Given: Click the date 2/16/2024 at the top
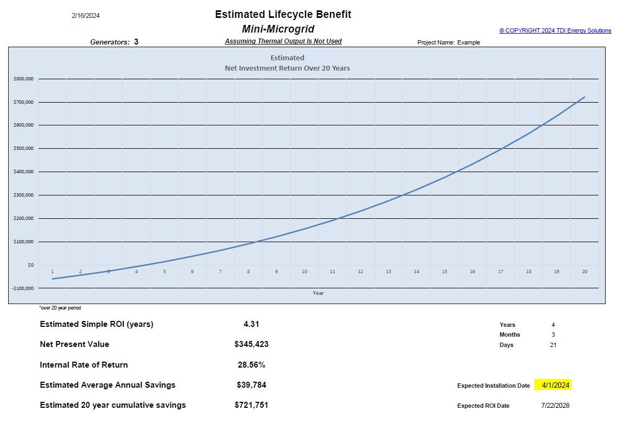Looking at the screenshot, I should (x=86, y=16).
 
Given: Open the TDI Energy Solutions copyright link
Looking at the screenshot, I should (x=555, y=31).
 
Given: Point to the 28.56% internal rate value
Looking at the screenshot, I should (x=251, y=365).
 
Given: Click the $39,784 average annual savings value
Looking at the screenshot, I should (x=251, y=385).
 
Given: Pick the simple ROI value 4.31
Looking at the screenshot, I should (x=251, y=324).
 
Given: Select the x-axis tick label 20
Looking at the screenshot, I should (x=584, y=271).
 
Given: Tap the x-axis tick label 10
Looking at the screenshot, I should (x=304, y=271).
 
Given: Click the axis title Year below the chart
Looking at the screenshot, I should (x=319, y=293).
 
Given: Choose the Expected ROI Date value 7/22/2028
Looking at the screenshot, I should (x=555, y=406).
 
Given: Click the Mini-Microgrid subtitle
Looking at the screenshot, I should (x=278, y=29).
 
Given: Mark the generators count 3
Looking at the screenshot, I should (x=136, y=41).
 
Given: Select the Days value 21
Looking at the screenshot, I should (x=553, y=345).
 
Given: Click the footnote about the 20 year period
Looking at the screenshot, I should (x=60, y=308).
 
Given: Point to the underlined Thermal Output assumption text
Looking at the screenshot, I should (x=283, y=41).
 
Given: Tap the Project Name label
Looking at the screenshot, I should (x=436, y=42).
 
